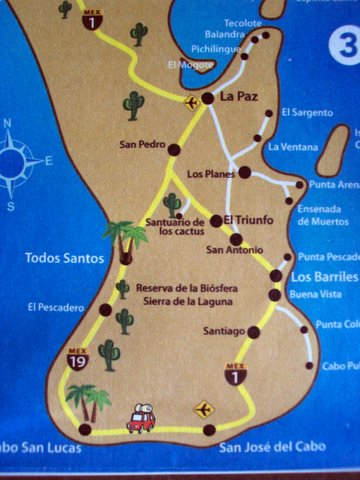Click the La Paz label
(x=240, y=98)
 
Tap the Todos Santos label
(x=64, y=258)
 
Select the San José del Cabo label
(x=262, y=449)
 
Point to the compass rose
(x=23, y=161)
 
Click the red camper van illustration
(x=140, y=419)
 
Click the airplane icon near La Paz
(x=191, y=101)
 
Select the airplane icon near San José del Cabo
(x=204, y=408)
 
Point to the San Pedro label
(x=141, y=143)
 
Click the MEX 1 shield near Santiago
(x=235, y=374)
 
